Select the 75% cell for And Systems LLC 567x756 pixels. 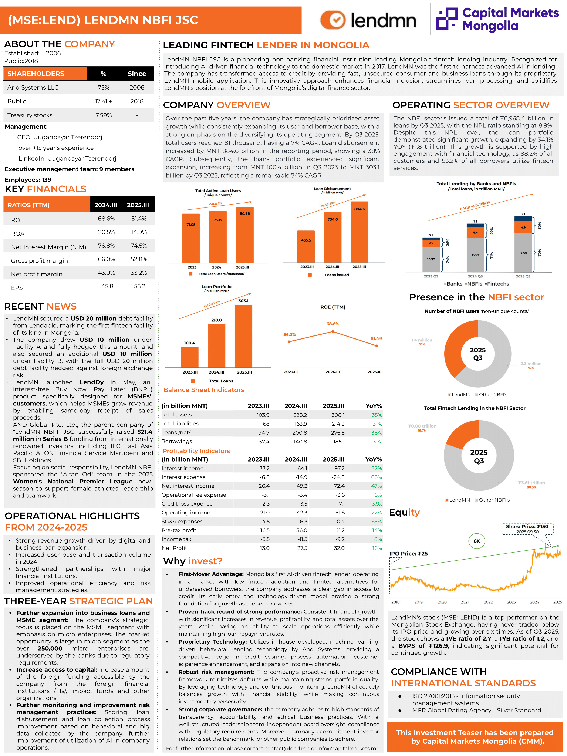104,88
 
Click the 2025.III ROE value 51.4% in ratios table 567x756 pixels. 139,219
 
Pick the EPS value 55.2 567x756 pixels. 139,286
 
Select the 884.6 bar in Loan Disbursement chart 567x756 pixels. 359,232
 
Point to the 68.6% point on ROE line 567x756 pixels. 333,331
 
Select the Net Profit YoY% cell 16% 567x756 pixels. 377,548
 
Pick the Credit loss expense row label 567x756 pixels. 187,504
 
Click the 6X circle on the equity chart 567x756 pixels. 476,541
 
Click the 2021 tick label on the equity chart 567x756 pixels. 465,602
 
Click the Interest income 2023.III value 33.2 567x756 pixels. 264,468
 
